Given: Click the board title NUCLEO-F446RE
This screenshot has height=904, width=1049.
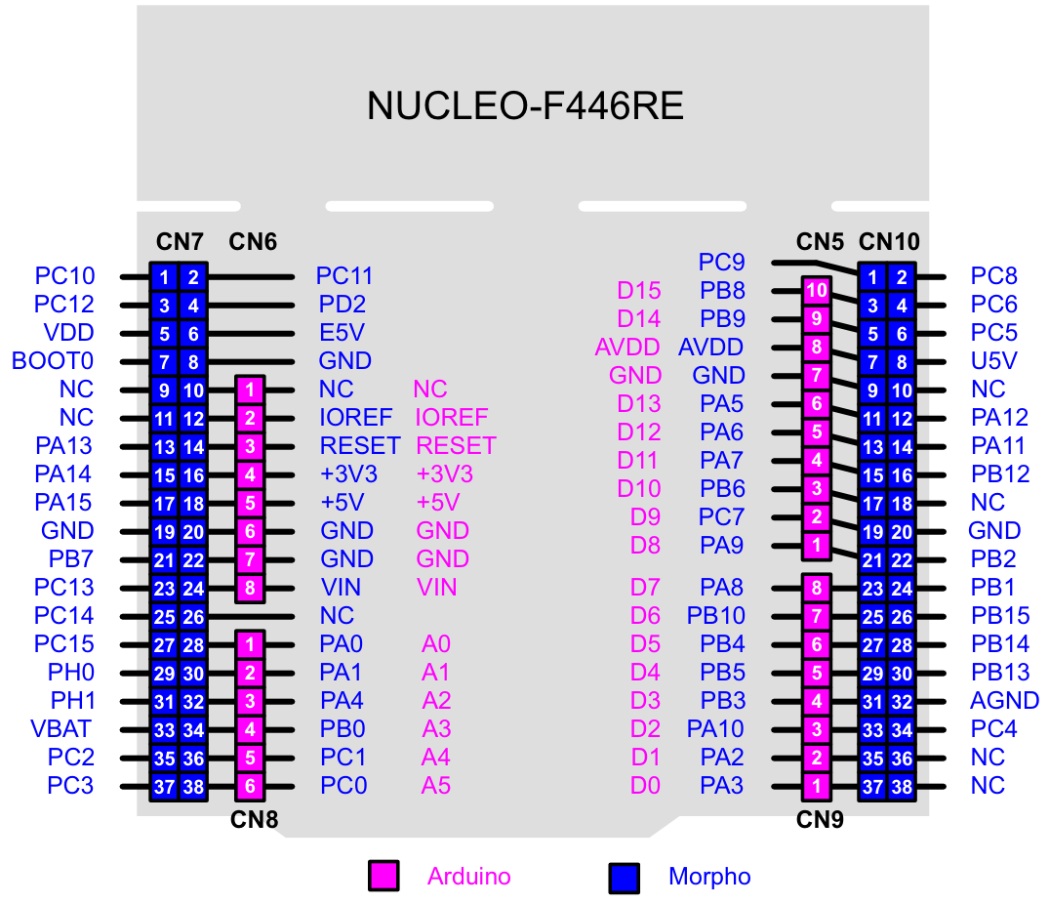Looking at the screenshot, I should (x=525, y=106).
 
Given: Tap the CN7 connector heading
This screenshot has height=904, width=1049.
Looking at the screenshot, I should (x=180, y=241).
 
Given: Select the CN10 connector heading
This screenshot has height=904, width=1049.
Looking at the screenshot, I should (x=889, y=241).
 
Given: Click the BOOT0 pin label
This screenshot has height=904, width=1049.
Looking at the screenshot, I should (x=53, y=361).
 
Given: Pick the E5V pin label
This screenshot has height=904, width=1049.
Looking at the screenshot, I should (x=342, y=333).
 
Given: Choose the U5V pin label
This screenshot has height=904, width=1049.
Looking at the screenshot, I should (x=994, y=361).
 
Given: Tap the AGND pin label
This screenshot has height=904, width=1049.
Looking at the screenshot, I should (x=1004, y=701).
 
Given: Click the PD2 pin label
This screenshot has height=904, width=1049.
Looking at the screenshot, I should (x=342, y=305).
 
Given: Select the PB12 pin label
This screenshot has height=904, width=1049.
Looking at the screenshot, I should (x=1000, y=474).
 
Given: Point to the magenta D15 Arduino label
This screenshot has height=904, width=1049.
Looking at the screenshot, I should (x=639, y=291).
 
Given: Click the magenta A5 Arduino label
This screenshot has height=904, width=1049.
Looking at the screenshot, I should (x=436, y=786).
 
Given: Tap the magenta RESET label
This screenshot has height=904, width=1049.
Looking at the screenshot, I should (x=456, y=446).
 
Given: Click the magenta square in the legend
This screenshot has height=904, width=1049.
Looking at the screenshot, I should (x=383, y=877).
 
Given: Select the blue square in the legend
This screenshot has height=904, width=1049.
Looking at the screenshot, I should (x=624, y=877).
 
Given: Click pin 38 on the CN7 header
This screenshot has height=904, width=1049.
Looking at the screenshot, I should (x=193, y=786).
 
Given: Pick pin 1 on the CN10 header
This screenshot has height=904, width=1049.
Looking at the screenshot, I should (x=874, y=277).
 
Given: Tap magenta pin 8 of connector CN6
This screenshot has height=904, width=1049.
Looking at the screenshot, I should (x=251, y=588).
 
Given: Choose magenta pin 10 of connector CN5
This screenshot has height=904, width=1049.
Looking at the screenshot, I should (x=817, y=290).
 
